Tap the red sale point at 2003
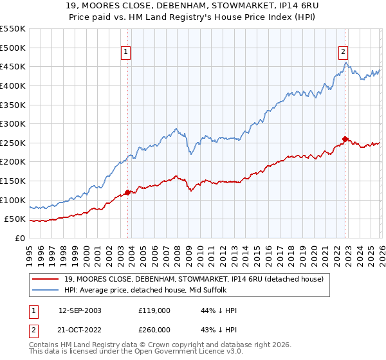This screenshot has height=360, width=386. tap(127, 192)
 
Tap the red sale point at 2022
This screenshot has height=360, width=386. tap(345, 139)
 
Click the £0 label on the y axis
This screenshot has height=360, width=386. tap(19, 238)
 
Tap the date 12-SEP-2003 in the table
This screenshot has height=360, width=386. tap(80, 310)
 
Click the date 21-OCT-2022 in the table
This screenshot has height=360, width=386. tap(80, 329)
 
